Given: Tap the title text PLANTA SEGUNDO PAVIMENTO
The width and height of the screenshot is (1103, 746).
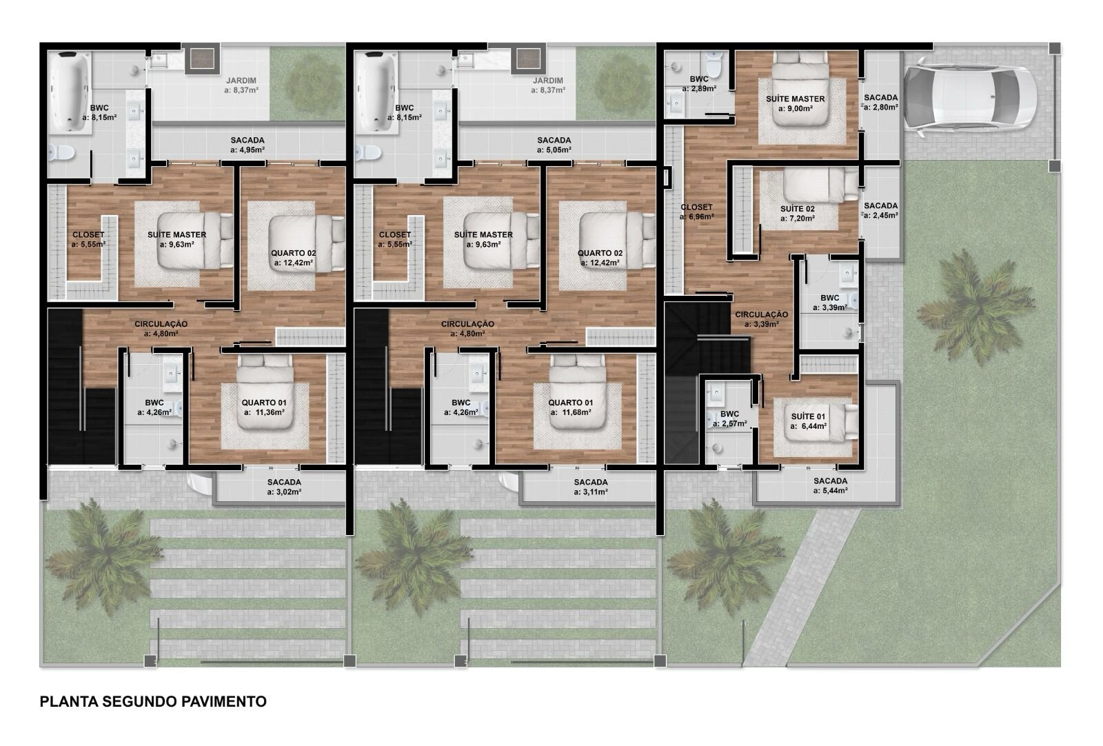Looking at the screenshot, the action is [x=153, y=702].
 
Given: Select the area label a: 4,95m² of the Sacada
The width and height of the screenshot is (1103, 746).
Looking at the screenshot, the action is [x=247, y=150].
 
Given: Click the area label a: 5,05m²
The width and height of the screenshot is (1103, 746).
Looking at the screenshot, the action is [x=554, y=150].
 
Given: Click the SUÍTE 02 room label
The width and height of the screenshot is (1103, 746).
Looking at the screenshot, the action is [x=797, y=209].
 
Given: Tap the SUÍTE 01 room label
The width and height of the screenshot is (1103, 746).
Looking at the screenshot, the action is [x=808, y=416].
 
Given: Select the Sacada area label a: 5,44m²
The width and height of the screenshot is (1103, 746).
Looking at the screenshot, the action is [x=830, y=491].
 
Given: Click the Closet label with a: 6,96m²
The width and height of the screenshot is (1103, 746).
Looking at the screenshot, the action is [x=696, y=212].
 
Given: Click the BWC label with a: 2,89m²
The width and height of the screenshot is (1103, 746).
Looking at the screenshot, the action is [x=699, y=83].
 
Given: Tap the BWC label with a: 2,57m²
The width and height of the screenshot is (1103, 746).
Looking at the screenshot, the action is [x=729, y=419].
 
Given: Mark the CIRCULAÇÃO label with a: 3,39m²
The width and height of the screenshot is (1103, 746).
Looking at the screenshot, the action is [x=761, y=319].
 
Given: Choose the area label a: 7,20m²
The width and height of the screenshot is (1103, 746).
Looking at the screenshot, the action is [x=797, y=218].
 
